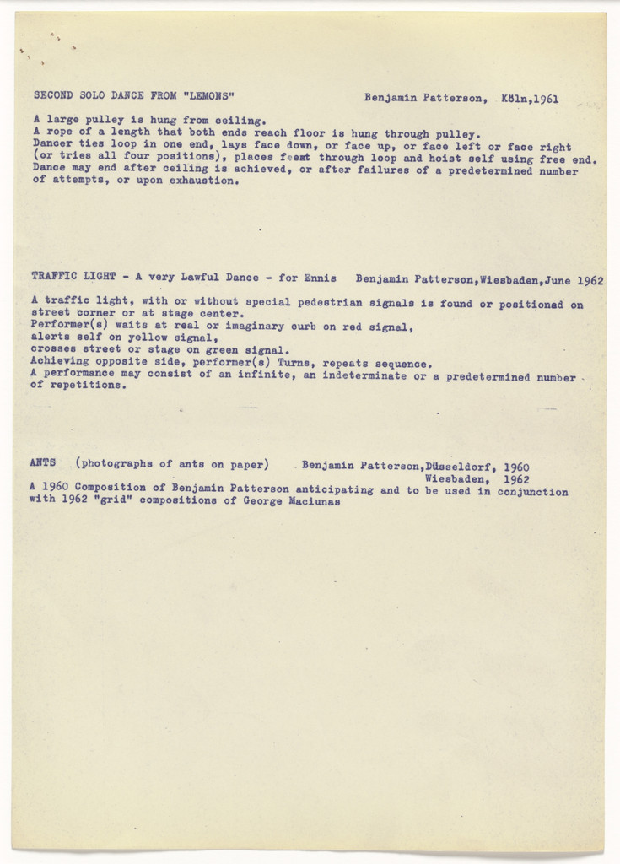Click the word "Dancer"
(52, 145)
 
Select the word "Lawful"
(192, 277)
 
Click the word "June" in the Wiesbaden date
(563, 279)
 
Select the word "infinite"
(265, 375)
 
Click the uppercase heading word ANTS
(43, 462)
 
